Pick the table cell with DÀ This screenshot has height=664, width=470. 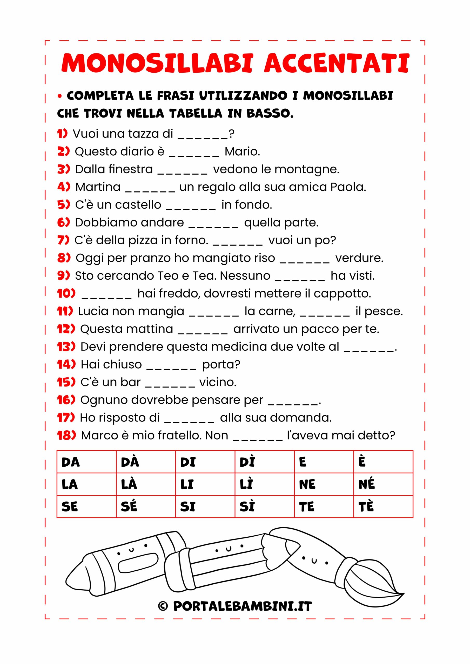(x=146, y=462)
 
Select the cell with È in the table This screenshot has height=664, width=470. (x=383, y=462)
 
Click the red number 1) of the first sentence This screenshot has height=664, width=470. (x=62, y=134)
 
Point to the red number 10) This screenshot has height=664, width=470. (x=66, y=294)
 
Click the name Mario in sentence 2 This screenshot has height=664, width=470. (x=242, y=151)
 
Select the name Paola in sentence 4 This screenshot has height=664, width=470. (x=348, y=187)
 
